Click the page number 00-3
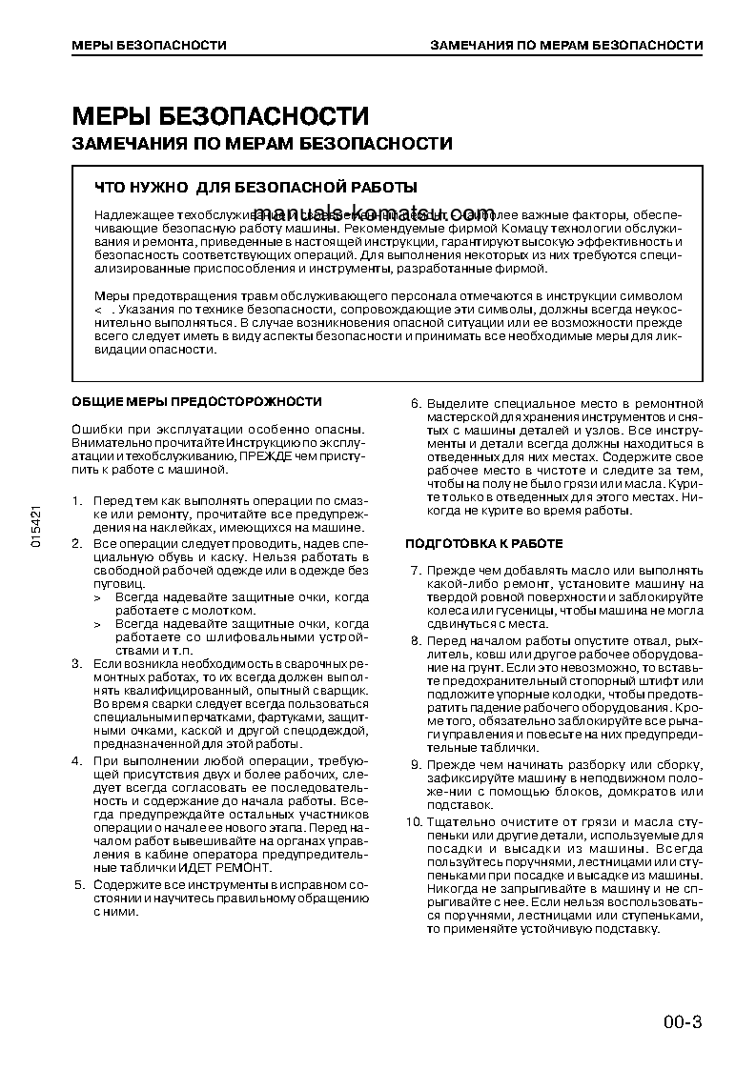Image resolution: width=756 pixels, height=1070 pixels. pos(683,1023)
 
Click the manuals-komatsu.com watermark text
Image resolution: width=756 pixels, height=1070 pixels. pos(377,212)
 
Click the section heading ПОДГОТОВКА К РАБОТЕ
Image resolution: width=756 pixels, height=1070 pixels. pos(483,543)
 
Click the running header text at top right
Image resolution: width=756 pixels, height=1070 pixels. pos(566,45)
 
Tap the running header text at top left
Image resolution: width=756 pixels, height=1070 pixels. pos(150,45)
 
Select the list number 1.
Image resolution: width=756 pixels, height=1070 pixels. pos(78,500)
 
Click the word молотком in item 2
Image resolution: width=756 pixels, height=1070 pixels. pos(229,610)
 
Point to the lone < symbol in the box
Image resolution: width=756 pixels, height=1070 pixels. pos(98,311)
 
